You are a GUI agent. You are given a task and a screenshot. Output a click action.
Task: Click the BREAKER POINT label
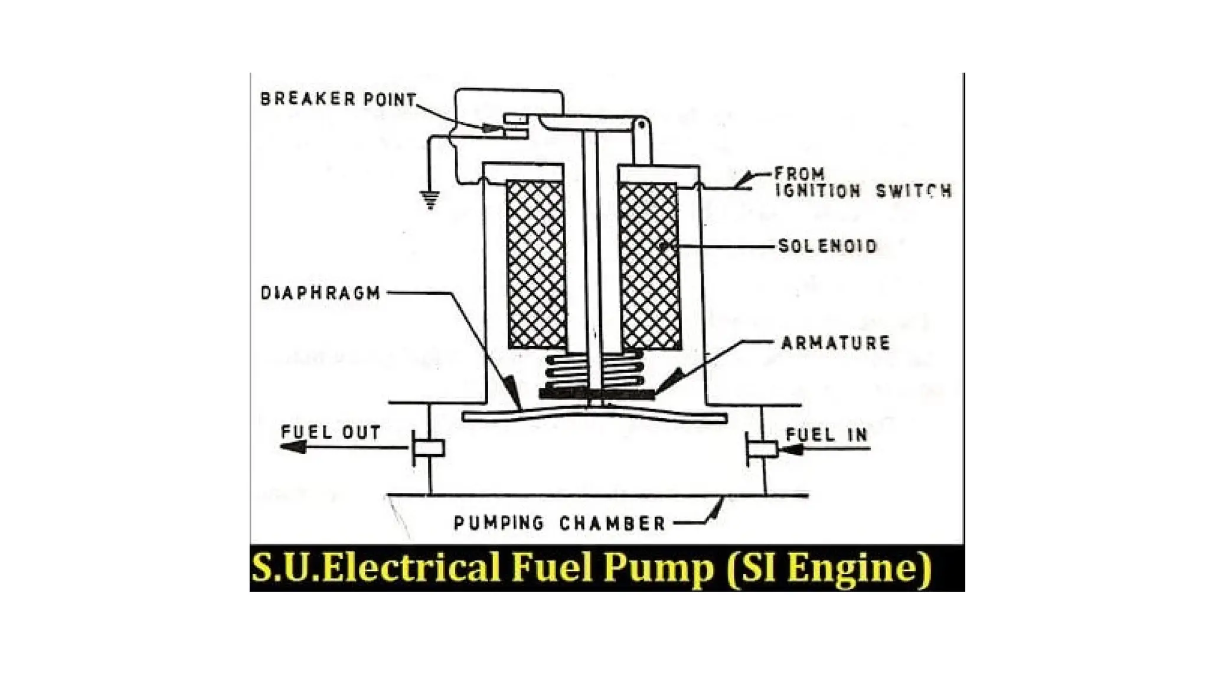(338, 99)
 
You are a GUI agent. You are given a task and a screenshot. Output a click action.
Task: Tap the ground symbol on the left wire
(430, 200)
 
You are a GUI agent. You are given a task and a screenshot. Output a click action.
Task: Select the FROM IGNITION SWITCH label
(862, 182)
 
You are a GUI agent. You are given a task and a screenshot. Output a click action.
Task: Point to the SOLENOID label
(828, 246)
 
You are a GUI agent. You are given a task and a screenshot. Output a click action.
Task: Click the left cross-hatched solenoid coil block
(536, 264)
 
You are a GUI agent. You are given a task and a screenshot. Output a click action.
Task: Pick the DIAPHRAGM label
(321, 293)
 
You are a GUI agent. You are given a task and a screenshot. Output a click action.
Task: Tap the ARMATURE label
(835, 343)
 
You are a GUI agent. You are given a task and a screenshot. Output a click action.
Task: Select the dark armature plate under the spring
(596, 393)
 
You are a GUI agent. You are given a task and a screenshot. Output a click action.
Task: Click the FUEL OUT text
(331, 432)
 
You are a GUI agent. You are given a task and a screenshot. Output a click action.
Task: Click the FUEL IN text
(826, 435)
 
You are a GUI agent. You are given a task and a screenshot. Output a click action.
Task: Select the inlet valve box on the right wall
(762, 449)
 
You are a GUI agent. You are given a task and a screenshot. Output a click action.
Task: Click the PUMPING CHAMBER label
(559, 523)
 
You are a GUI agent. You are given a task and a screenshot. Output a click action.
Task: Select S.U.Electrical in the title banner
(377, 568)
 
